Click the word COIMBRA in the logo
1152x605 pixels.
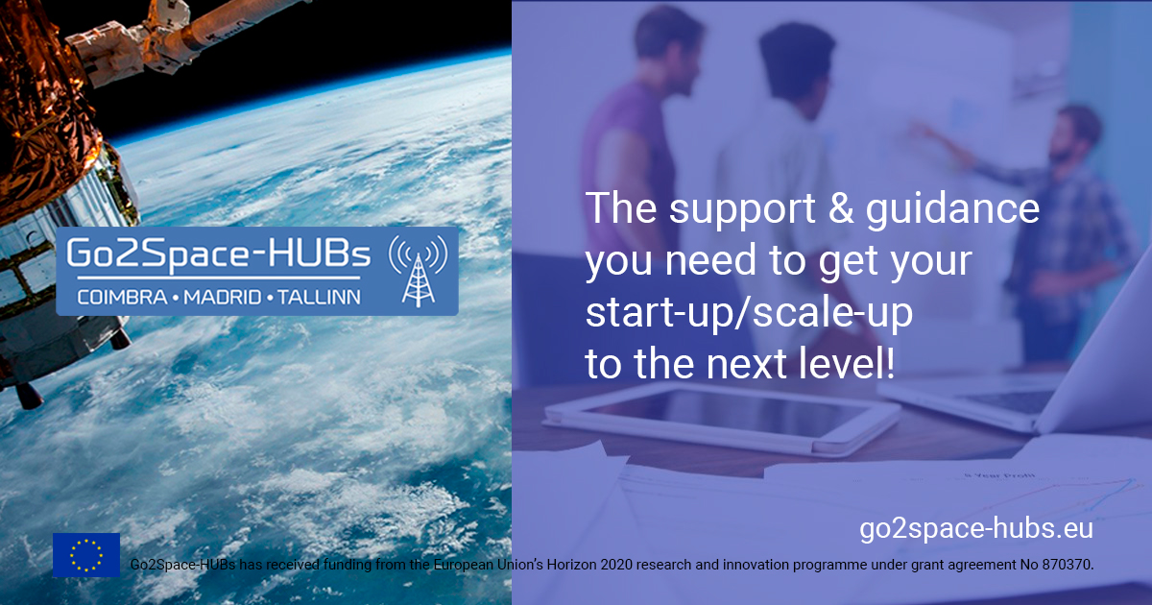click(123, 298)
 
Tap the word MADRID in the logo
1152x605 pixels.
click(223, 298)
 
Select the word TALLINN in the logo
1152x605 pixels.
click(320, 298)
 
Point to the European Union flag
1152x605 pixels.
click(86, 555)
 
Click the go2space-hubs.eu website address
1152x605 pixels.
click(976, 529)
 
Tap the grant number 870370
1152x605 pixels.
click(1068, 565)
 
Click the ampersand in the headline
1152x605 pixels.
click(841, 208)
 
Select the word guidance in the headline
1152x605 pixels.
click(952, 211)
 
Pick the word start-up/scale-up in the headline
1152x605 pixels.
click(750, 313)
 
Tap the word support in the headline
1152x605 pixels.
click(742, 211)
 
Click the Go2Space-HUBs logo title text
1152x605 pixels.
click(218, 254)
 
